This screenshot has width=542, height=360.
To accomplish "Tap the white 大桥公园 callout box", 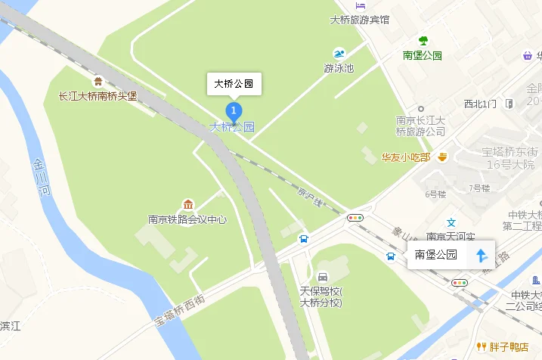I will [x=234, y=83].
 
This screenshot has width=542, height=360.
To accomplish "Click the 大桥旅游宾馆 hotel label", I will [x=360, y=20].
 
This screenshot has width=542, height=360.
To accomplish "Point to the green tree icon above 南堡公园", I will [x=423, y=41].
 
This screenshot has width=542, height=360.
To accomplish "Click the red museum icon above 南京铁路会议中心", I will [x=187, y=205].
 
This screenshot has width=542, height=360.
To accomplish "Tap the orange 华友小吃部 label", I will [x=405, y=157].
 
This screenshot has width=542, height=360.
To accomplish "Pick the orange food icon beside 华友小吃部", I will [x=441, y=157].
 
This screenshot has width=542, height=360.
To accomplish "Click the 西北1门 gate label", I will [x=480, y=104].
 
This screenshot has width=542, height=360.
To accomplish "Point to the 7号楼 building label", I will [x=479, y=188].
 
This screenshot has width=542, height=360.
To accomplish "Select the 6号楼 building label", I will [x=436, y=194].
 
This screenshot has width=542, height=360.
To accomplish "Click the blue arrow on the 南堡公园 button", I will [x=481, y=255].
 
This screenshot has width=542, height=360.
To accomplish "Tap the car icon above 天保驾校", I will [x=323, y=277].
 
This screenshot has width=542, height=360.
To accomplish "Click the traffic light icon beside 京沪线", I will [x=355, y=217].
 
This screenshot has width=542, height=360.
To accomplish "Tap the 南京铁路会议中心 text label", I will [x=187, y=220].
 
